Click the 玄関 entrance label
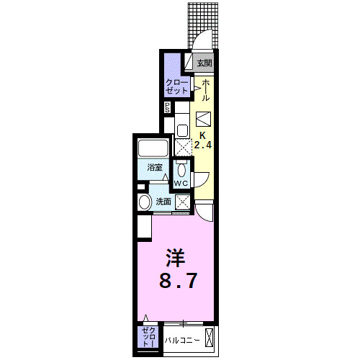[x=204, y=63]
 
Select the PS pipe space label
[x=168, y=108]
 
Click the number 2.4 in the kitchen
[x=202, y=144]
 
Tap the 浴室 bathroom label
[x=155, y=167]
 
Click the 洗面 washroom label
[x=163, y=202]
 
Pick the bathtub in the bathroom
[x=153, y=150]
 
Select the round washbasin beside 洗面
[x=145, y=202]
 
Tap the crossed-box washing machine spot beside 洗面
[x=182, y=202]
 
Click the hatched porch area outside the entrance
[x=204, y=22]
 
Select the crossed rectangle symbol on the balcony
[x=209, y=337]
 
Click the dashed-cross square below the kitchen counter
[x=184, y=147]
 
